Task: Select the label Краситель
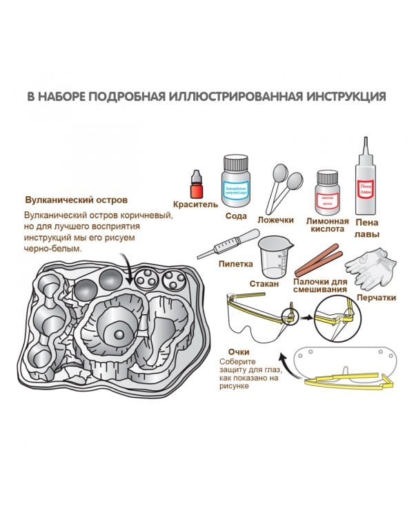tap(196, 205)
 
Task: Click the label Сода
tap(235, 215)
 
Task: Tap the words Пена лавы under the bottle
tap(366, 229)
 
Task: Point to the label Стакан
tap(273, 284)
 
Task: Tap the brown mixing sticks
tap(319, 258)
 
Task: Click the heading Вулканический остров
tap(76, 200)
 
